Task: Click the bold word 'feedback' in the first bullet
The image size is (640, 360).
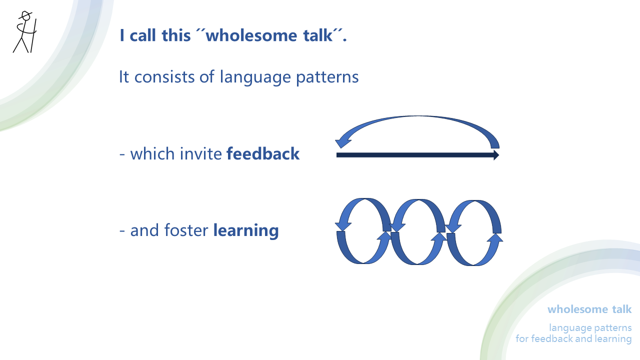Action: point(263,153)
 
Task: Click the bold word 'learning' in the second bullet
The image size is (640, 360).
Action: point(245,230)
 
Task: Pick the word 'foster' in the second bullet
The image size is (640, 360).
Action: point(185,230)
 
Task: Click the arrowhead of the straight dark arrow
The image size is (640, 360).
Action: point(496,155)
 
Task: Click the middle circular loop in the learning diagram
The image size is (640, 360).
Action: point(417,231)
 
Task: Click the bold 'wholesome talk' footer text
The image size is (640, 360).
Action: point(589,309)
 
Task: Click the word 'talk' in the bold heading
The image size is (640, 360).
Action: point(321,35)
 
